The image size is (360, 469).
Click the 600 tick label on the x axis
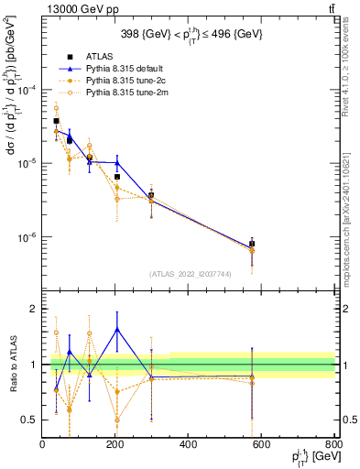(262, 445)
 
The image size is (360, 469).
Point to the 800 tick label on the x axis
(333, 445)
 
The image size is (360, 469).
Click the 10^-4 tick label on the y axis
(27, 89)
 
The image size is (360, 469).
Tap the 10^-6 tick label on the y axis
(27, 236)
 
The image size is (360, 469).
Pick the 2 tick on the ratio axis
(33, 310)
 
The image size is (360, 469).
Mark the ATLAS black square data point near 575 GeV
(252, 244)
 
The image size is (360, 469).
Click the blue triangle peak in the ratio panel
(117, 329)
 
